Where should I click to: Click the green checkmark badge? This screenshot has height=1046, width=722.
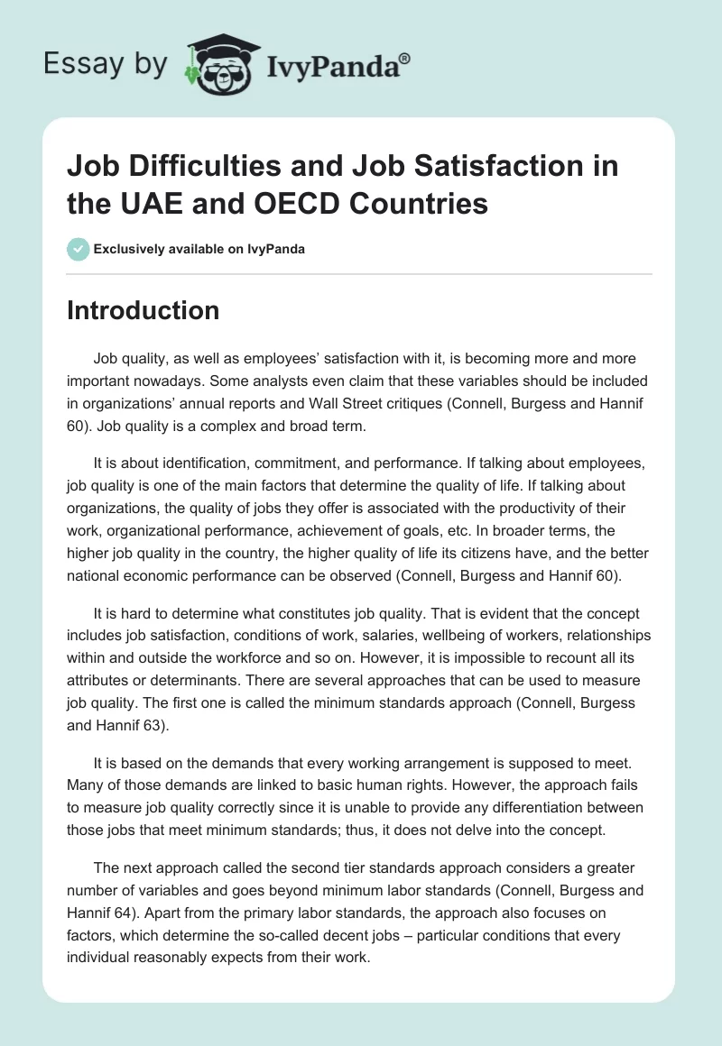point(79,249)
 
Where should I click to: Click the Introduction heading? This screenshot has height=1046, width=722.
point(143,310)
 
